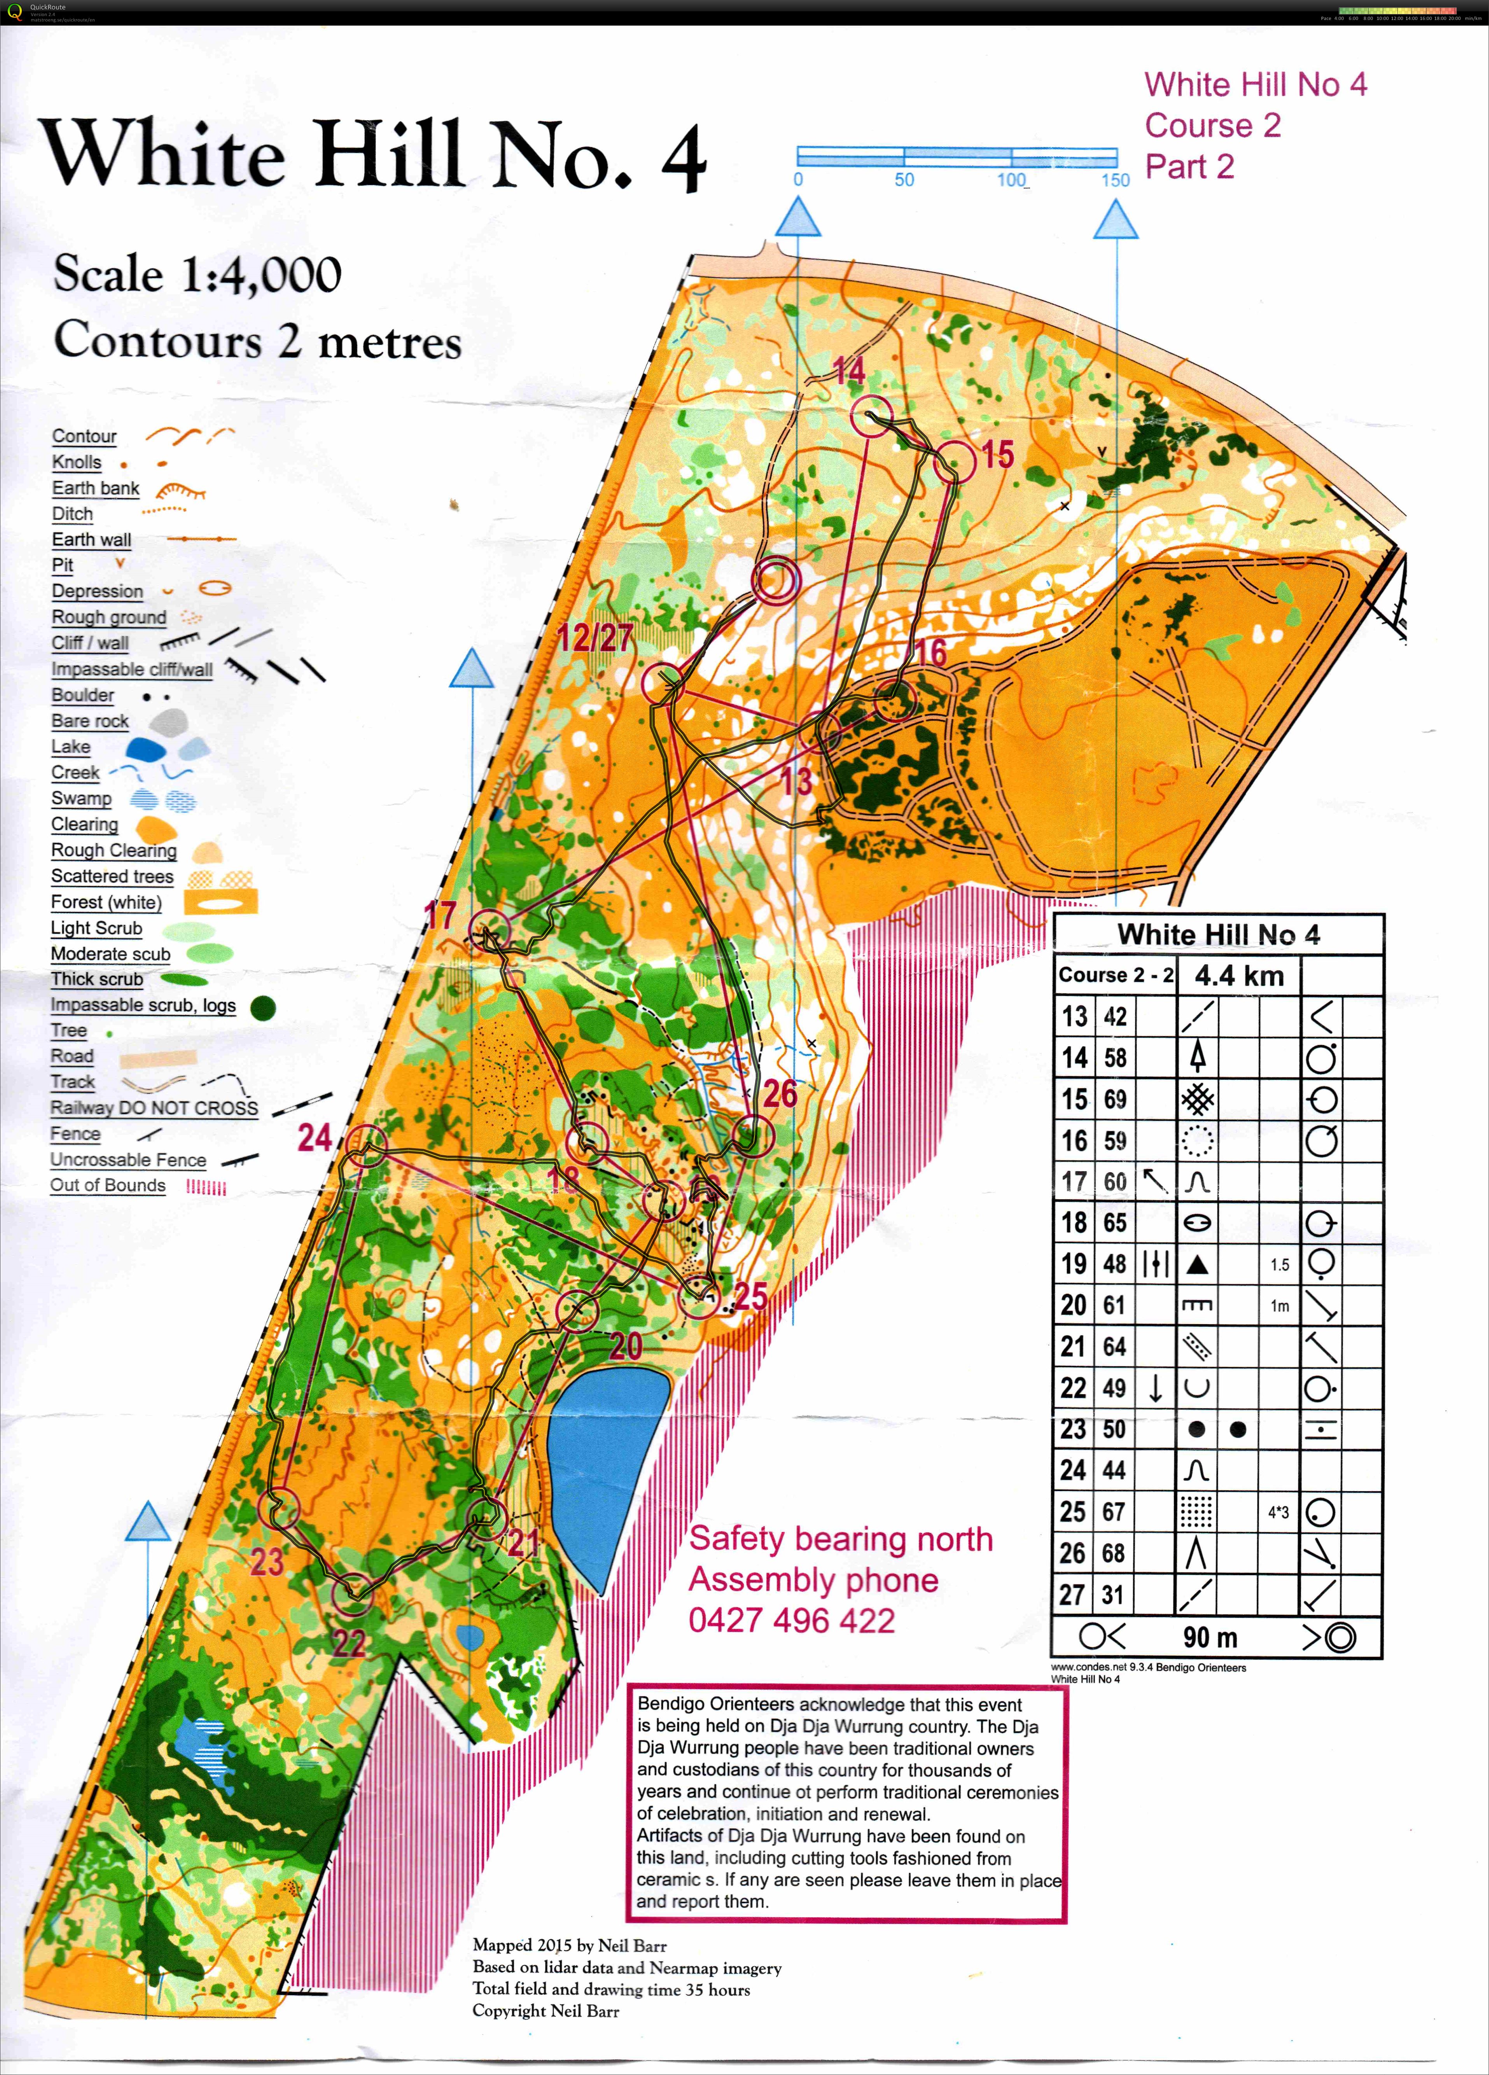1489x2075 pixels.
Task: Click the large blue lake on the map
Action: [x=603, y=1455]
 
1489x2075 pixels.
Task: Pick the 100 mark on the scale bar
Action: [x=1012, y=179]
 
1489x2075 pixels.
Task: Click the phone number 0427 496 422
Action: [x=791, y=1620]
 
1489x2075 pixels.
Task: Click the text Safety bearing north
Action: [x=840, y=1539]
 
